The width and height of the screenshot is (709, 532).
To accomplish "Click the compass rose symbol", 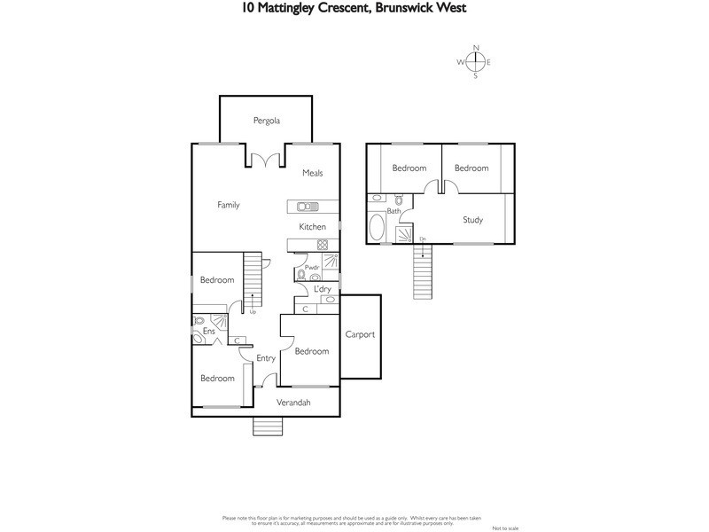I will [475, 61].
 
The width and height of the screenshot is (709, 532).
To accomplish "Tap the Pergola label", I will [266, 120].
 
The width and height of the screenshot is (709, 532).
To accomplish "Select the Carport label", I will [361, 334].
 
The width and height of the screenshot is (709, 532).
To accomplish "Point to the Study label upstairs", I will [472, 220].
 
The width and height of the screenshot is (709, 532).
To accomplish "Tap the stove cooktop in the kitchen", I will [323, 246].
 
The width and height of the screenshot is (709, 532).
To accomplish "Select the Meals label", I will [312, 173].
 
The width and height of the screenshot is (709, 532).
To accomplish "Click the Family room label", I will [229, 205].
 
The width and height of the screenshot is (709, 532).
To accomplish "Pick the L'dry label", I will [323, 289].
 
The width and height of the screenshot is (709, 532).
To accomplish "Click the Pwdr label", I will [311, 267].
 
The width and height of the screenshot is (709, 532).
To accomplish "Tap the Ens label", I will [209, 332].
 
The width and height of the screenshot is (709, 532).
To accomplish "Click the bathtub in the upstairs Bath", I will [376, 228].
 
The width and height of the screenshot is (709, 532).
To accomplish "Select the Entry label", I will [266, 358].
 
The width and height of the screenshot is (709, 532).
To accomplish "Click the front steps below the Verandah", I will [267, 426].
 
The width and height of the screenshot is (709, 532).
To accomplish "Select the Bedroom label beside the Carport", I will [311, 351].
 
